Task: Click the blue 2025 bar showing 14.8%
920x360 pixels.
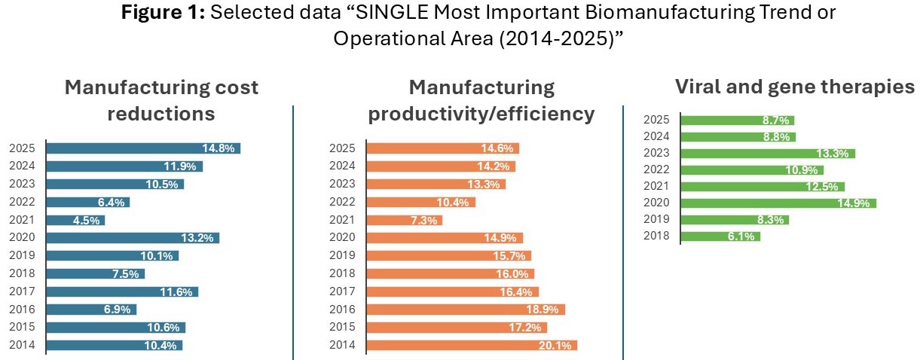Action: click(143, 148)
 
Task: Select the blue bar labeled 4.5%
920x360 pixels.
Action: click(75, 221)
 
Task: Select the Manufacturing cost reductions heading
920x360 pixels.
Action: click(161, 100)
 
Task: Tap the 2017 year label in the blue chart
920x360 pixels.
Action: click(23, 291)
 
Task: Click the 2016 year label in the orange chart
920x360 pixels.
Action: click(344, 310)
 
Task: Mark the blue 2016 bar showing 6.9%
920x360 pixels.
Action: click(91, 310)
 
